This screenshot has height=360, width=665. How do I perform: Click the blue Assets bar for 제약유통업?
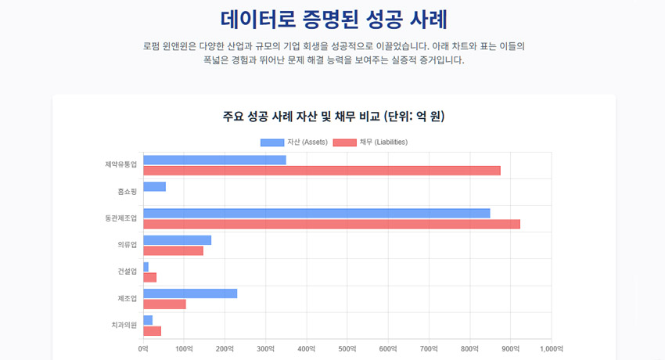click(214, 160)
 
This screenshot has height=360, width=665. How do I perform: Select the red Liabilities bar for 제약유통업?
click(322, 171)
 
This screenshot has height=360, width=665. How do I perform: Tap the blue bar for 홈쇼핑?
click(154, 187)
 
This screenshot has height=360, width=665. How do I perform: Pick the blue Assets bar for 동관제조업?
click(316, 213)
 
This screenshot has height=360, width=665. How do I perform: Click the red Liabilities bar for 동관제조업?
click(331, 224)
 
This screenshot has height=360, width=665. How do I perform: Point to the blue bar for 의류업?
click(177, 240)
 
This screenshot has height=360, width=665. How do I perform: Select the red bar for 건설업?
click(149, 277)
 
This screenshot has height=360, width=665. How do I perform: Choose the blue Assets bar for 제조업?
click(190, 293)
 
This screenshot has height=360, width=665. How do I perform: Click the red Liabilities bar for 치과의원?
click(152, 330)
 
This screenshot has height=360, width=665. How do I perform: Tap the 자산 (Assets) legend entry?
click(294, 142)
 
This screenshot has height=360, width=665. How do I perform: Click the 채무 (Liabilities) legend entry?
click(370, 142)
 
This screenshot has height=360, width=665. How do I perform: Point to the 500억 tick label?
click(347, 348)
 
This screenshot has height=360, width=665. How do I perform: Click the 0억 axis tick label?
click(143, 348)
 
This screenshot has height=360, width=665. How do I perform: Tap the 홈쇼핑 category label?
click(126, 192)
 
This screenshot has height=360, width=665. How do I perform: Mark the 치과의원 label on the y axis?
click(124, 325)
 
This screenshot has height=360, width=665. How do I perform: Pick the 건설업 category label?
click(126, 272)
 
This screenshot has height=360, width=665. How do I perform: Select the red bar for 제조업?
click(164, 304)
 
